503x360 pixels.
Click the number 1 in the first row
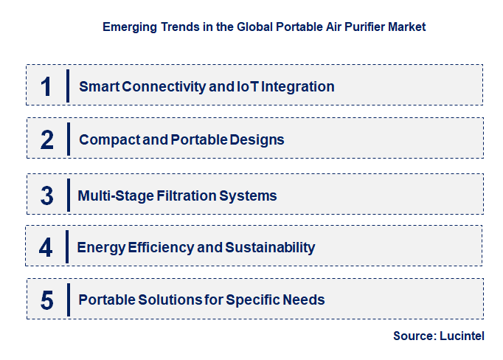click(x=46, y=86)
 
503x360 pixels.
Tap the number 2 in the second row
click(x=47, y=139)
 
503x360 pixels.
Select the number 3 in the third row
click(x=47, y=195)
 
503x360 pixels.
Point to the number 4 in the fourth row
click(x=46, y=247)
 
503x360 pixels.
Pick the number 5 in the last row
click(x=47, y=300)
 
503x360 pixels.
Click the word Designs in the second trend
click(x=257, y=139)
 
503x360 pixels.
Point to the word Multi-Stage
click(x=114, y=195)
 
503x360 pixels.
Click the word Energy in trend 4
click(x=99, y=247)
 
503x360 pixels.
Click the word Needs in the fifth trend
click(x=305, y=300)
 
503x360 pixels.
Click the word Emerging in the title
click(x=128, y=27)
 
